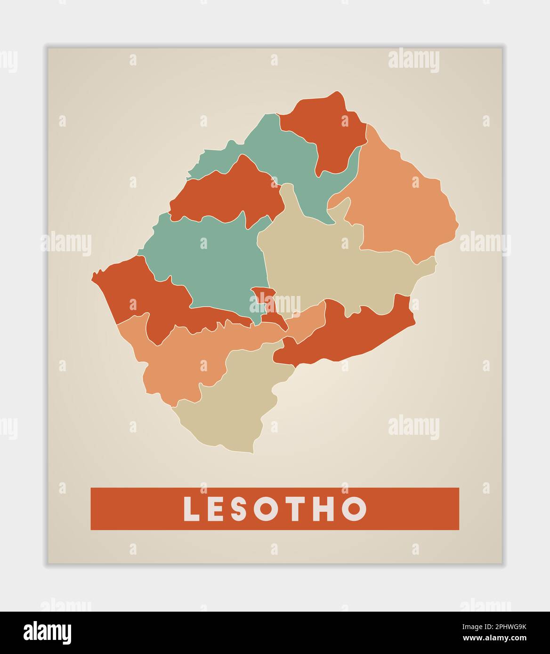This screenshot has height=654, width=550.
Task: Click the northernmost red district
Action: (325, 127)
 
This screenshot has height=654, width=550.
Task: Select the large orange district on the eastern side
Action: (400, 207)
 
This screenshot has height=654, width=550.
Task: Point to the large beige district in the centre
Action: (330, 263)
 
